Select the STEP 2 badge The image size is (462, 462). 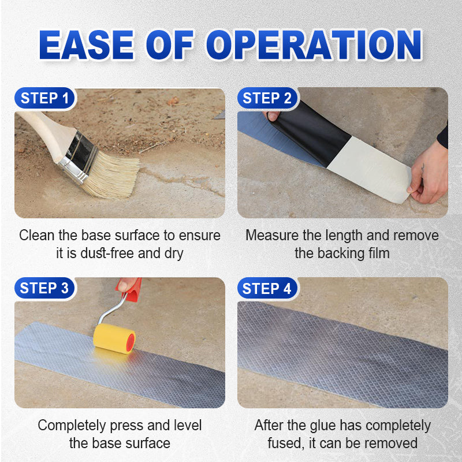pos(266,99)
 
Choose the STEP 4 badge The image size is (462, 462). pos(266,288)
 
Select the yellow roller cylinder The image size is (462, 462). pos(114,338)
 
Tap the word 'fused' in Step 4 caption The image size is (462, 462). pos(285,443)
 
